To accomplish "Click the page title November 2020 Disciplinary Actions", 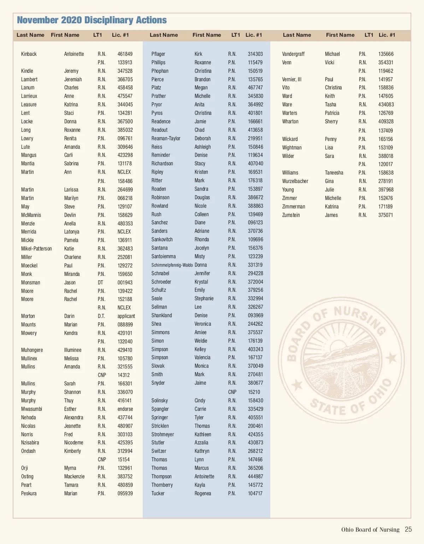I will [92, 20].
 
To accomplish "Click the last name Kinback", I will [29, 54].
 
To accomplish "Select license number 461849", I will [125, 54].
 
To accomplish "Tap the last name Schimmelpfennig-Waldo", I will [172, 265].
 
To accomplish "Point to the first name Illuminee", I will [73, 350].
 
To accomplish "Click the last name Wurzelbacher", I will [295, 181].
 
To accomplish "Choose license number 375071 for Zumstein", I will [385, 215].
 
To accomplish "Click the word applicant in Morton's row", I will [126, 316].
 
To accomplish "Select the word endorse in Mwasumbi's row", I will [125, 409].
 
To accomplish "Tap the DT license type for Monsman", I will [100, 283].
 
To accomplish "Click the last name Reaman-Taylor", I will [166, 138].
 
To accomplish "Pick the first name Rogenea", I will [203, 493].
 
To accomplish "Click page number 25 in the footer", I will [408, 530].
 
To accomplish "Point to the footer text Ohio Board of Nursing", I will [370, 530].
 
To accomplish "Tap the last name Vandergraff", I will [293, 54].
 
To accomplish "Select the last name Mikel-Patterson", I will [36, 249].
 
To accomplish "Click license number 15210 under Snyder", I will [254, 392].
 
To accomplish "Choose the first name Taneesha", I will [334, 173].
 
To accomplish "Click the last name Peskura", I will [29, 493].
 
